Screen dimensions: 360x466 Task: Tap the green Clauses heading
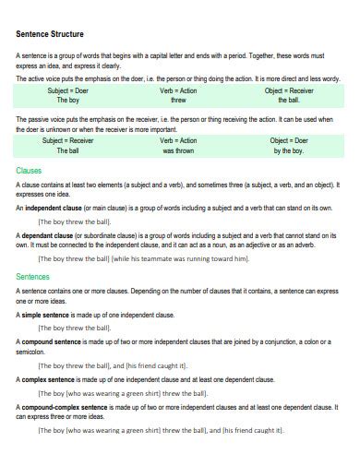click(x=30, y=171)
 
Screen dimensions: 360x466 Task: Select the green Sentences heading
click(x=34, y=276)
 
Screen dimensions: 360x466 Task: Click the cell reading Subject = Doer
click(x=68, y=91)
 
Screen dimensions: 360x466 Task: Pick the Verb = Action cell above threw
click(x=178, y=91)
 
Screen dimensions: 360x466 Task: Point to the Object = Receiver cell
click(x=288, y=91)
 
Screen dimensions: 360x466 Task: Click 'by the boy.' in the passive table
click(x=288, y=150)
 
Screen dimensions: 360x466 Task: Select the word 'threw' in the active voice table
click(x=178, y=102)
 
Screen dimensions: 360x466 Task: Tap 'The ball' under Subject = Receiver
click(x=68, y=150)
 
